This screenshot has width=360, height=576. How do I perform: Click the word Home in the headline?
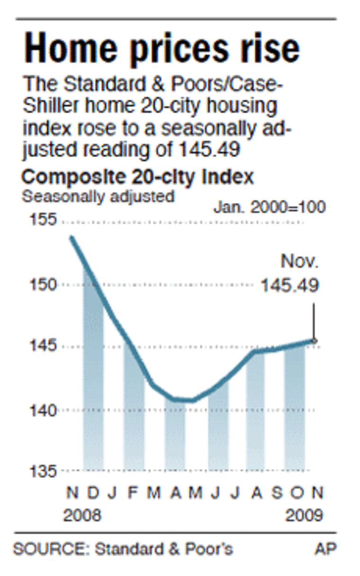coord(69,48)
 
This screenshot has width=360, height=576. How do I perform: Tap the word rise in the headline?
coord(270,48)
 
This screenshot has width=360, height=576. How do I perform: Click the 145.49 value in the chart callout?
coord(289,285)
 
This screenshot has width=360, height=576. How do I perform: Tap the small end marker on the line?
coord(314,341)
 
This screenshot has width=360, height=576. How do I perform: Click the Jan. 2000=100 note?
coord(269,207)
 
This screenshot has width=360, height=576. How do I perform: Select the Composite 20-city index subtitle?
coord(138,177)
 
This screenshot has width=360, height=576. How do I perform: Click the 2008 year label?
coord(83,515)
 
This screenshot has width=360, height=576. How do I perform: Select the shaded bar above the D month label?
coord(93,369)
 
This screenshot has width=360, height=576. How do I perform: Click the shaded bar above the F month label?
coord(134,407)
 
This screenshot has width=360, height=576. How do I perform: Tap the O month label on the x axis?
coord(297,493)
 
